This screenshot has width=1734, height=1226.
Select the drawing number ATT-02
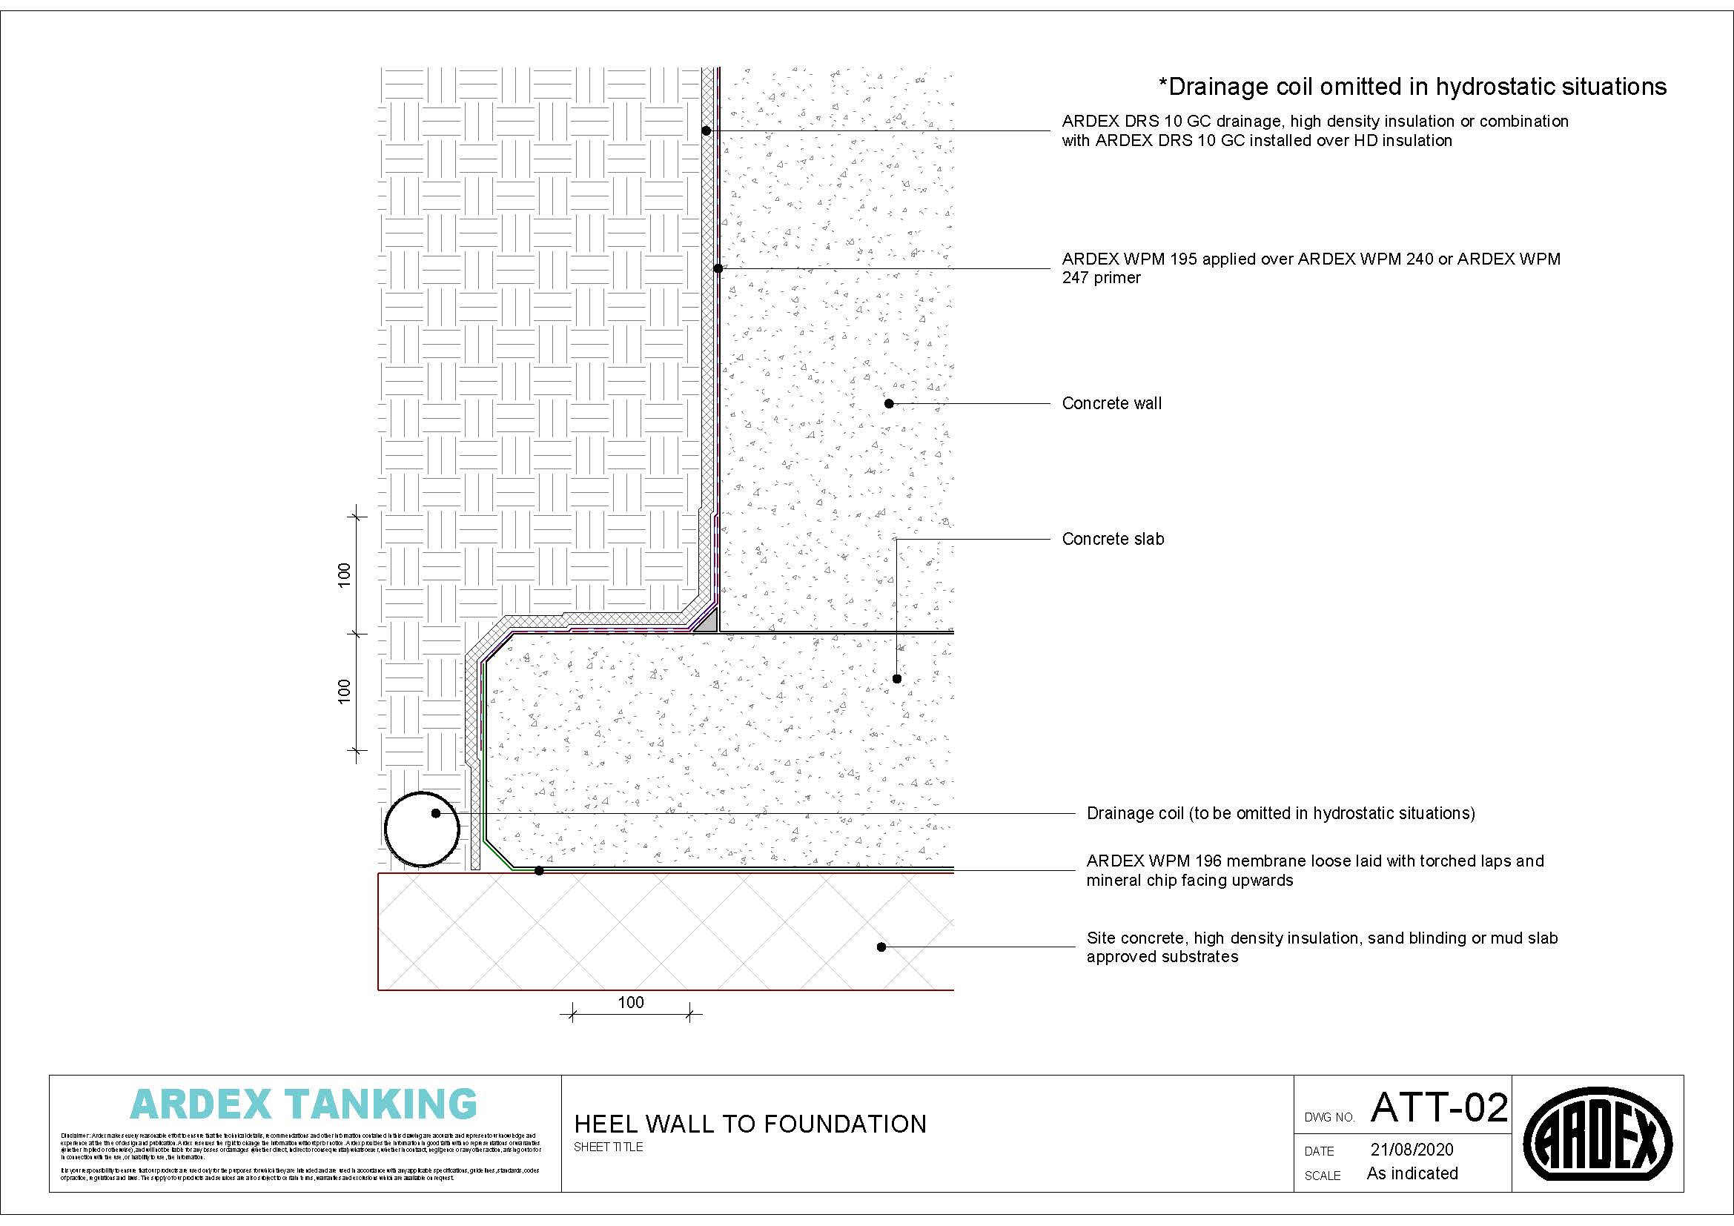1439,1107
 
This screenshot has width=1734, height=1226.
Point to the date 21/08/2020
1412,1150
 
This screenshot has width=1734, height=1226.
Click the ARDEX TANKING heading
304,1104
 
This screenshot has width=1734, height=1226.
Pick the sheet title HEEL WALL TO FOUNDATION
750,1124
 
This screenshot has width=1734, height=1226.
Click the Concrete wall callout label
1112,404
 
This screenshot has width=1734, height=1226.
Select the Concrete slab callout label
1113,539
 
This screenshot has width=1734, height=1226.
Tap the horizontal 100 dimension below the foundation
631,1003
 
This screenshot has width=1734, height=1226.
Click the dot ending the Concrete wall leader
889,404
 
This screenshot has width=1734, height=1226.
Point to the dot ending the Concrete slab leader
897,679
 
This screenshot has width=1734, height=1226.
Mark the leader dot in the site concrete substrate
881,947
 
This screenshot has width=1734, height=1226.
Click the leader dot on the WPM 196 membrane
539,871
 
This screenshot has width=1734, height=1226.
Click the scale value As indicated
1412,1173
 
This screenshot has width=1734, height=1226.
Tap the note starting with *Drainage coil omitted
1412,87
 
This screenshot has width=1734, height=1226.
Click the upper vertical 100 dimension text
345,575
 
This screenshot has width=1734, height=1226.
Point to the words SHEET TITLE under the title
608,1147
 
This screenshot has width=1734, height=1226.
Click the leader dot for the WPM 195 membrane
718,268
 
